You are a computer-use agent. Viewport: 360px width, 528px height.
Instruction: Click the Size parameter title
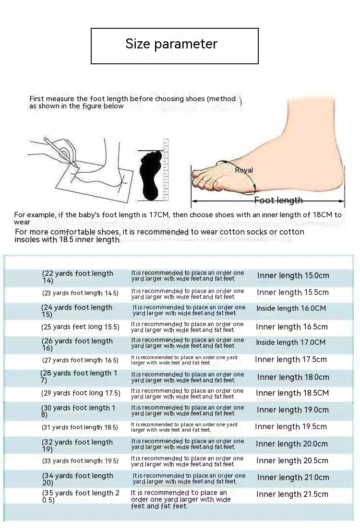(171, 44)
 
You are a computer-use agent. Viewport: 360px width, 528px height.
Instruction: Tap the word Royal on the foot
(244, 170)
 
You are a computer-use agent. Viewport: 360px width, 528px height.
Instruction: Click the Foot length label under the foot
(278, 200)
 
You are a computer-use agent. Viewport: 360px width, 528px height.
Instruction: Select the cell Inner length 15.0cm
(293, 276)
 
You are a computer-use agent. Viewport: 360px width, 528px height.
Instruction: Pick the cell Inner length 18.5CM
(292, 393)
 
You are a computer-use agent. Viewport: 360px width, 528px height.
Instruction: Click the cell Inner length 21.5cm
(292, 494)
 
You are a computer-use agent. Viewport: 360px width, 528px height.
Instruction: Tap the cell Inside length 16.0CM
(291, 308)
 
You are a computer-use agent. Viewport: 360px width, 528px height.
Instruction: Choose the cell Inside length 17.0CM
(290, 342)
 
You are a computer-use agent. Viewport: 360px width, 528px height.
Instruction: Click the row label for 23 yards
(80, 293)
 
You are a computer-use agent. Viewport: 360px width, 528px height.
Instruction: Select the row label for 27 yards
(80, 360)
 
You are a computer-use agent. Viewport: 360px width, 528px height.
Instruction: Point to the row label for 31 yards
(80, 428)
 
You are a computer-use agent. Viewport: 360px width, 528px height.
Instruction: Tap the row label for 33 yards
(80, 461)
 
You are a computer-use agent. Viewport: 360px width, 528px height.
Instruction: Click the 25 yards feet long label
(80, 327)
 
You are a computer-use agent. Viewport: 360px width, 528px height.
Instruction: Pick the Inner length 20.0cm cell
(292, 444)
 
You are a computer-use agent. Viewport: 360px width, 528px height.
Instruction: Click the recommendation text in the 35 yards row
(180, 499)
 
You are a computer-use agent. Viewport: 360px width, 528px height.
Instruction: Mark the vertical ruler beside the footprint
(166, 170)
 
